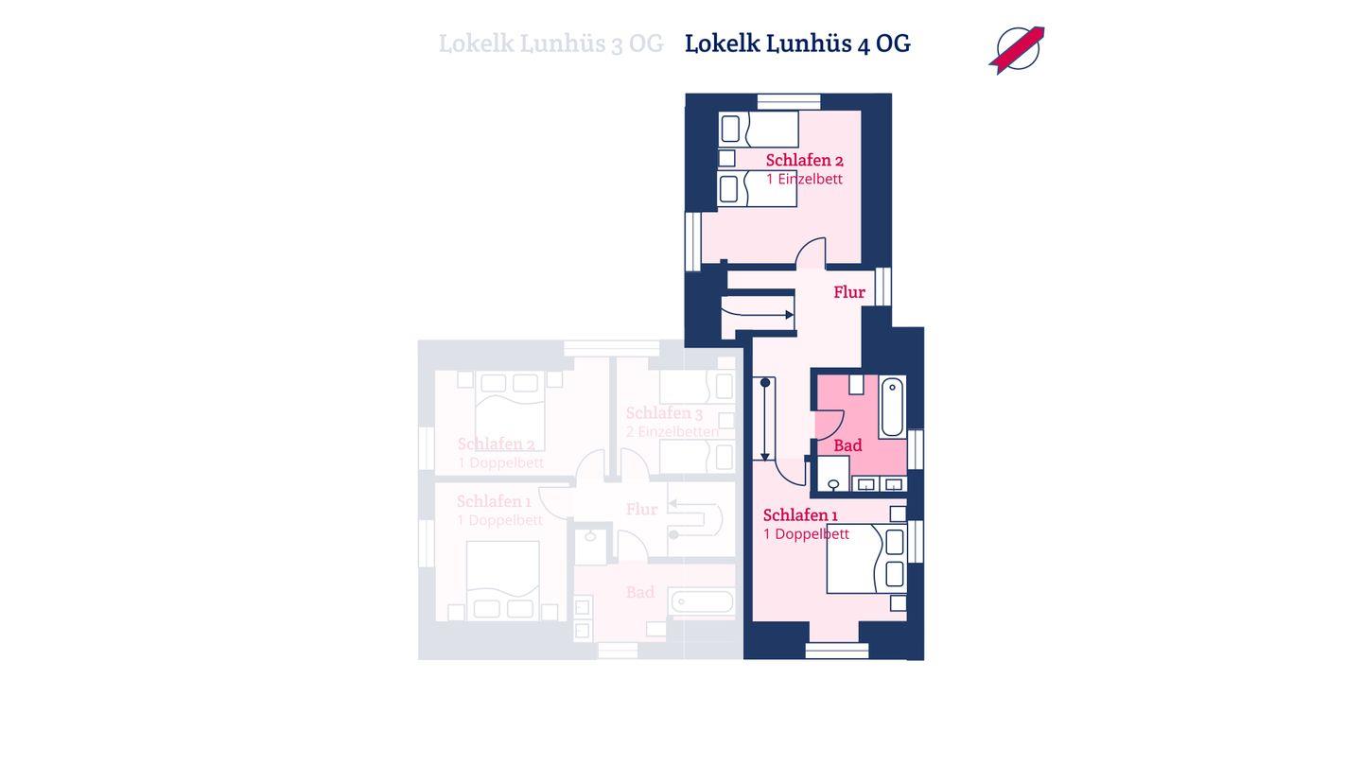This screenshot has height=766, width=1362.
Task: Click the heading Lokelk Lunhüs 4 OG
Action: pyautogui.click(x=797, y=44)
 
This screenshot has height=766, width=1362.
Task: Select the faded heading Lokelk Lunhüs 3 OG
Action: pyautogui.click(x=550, y=44)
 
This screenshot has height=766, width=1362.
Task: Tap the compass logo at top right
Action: pyautogui.click(x=1017, y=49)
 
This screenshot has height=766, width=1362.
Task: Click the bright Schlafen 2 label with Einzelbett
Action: pyautogui.click(x=804, y=160)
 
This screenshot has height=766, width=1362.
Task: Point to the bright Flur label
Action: pyautogui.click(x=848, y=292)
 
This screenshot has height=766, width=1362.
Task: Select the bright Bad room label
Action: pyautogui.click(x=847, y=445)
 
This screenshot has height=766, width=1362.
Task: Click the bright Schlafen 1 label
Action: pyautogui.click(x=800, y=515)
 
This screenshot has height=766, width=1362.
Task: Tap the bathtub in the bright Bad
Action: pyautogui.click(x=892, y=407)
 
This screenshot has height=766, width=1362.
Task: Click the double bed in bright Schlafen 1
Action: pyautogui.click(x=865, y=559)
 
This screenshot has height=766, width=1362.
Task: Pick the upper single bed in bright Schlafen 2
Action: pyautogui.click(x=758, y=129)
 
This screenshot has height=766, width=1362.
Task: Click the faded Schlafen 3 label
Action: pyautogui.click(x=664, y=413)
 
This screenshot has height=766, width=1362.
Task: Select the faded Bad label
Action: pyautogui.click(x=639, y=593)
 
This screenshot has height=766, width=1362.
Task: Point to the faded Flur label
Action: pyautogui.click(x=641, y=510)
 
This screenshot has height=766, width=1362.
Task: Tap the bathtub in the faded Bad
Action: pyautogui.click(x=702, y=601)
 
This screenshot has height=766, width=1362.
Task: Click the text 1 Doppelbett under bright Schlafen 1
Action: pyautogui.click(x=806, y=534)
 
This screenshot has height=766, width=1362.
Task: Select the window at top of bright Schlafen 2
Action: pyautogui.click(x=789, y=101)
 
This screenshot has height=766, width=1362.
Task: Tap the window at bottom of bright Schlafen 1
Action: pyautogui.click(x=837, y=651)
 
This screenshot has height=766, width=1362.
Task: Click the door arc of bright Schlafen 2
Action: pyautogui.click(x=812, y=252)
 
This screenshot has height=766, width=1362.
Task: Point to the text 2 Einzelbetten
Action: pyautogui.click(x=672, y=432)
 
